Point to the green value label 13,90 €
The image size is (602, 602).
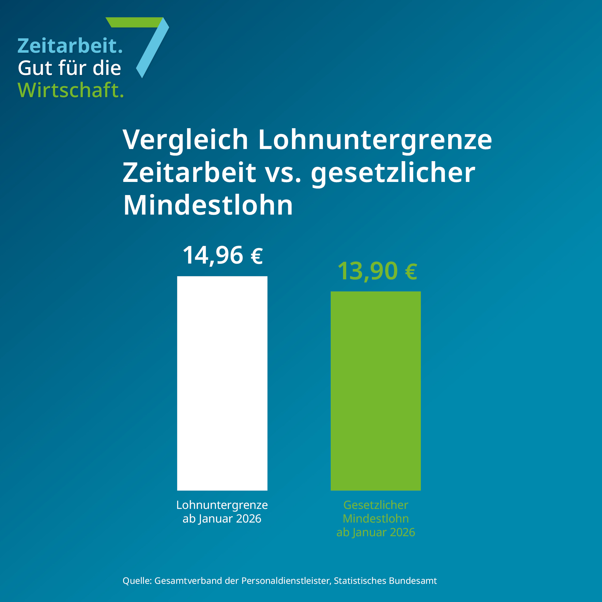click(377, 271)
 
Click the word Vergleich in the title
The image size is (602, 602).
click(185, 140)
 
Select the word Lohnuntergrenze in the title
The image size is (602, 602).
click(375, 140)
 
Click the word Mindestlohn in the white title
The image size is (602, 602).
click(208, 206)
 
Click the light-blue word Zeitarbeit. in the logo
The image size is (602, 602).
click(70, 46)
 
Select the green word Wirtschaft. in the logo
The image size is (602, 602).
click(71, 90)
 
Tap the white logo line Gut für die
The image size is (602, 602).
click(69, 68)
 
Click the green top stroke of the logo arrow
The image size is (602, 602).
click(135, 22)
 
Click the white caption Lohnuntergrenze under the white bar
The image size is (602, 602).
click(222, 505)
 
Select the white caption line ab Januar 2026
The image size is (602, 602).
click(222, 519)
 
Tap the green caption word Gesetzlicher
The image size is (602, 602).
click(375, 505)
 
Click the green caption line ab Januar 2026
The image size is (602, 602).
click(375, 532)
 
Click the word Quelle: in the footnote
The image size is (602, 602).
click(137, 581)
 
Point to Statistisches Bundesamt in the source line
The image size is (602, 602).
click(386, 581)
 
